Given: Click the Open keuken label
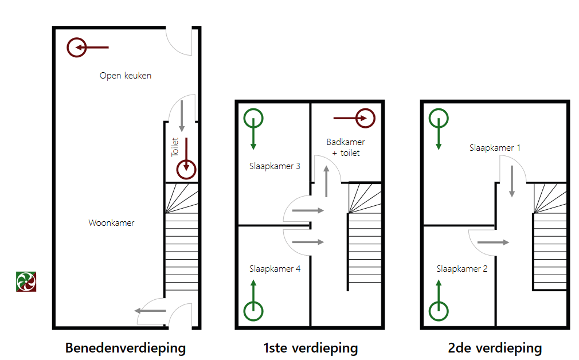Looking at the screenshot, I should [126, 76].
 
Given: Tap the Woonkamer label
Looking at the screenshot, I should [111, 223].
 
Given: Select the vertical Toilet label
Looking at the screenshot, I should [175, 147].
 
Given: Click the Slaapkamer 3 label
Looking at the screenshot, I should [275, 166].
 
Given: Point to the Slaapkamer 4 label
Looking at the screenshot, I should [275, 268].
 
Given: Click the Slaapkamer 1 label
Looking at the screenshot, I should [495, 147].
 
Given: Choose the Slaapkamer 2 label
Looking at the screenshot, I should [462, 268].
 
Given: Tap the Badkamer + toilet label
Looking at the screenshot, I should [346, 147].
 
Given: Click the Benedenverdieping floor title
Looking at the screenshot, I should [126, 348].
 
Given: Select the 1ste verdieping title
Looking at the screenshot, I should [311, 348].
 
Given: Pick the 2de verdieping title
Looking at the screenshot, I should [495, 348].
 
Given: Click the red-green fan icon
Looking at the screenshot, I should [26, 281].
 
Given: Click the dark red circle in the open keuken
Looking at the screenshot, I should [76, 48].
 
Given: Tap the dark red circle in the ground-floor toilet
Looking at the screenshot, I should [186, 169].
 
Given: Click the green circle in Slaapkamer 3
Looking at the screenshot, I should [253, 119].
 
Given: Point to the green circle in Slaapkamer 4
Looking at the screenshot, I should [253, 311].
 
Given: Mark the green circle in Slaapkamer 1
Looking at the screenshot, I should [439, 119].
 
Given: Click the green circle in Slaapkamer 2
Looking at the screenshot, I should [439, 311].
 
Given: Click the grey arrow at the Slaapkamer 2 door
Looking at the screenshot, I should [493, 242].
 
